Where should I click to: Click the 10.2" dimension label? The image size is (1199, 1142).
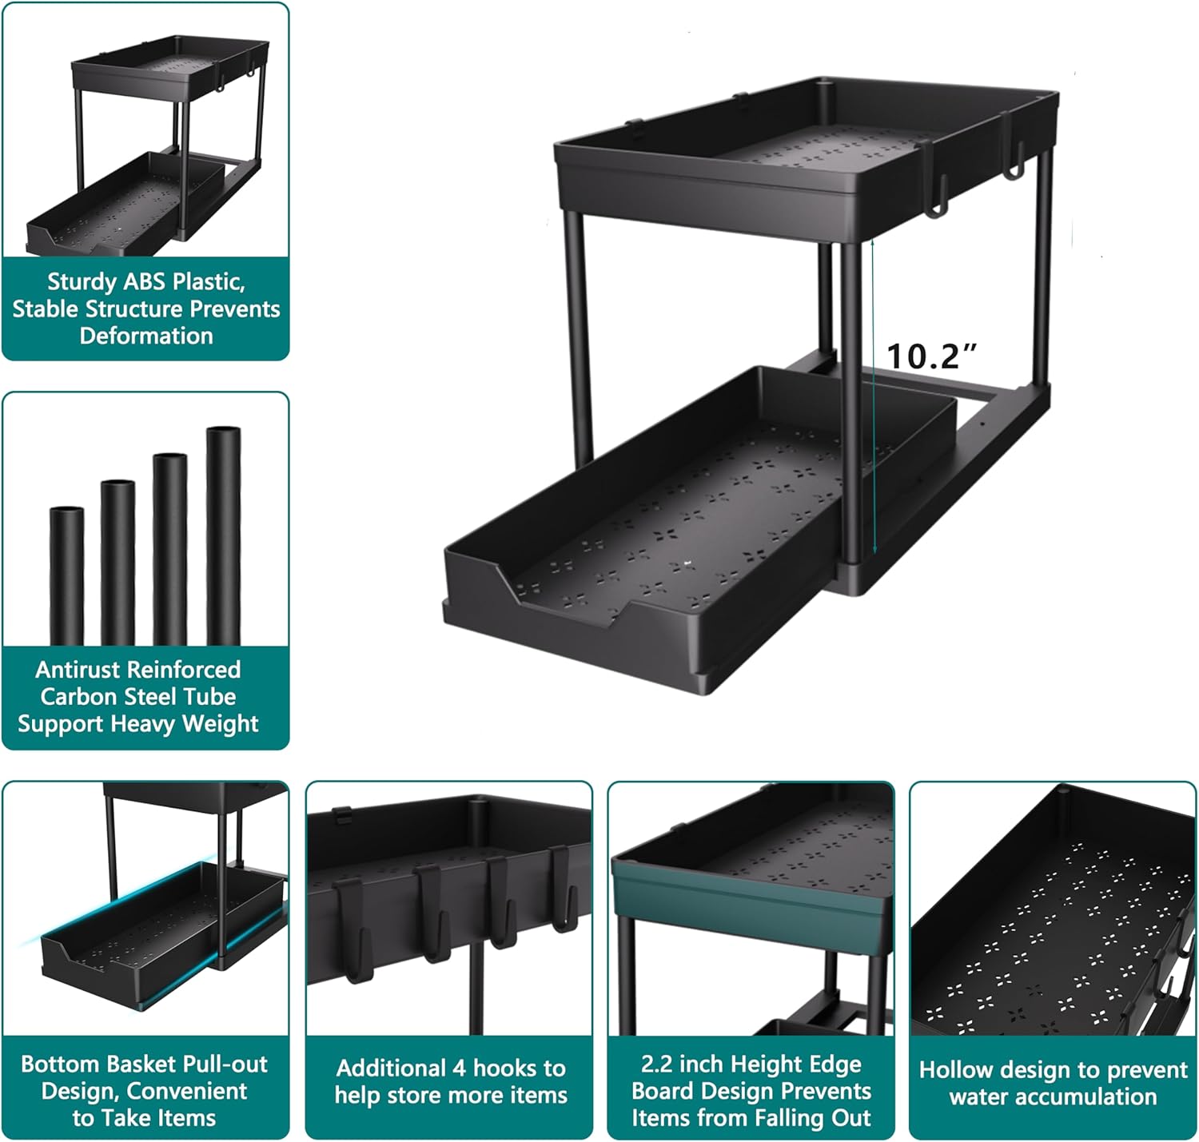(x=932, y=356)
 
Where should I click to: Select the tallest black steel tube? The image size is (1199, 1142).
(x=223, y=535)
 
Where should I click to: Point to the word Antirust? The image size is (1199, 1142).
(x=79, y=670)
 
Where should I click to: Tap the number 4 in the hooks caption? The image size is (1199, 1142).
(x=460, y=1068)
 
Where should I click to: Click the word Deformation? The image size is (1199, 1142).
(x=146, y=336)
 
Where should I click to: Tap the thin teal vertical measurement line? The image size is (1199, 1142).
(x=874, y=400)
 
